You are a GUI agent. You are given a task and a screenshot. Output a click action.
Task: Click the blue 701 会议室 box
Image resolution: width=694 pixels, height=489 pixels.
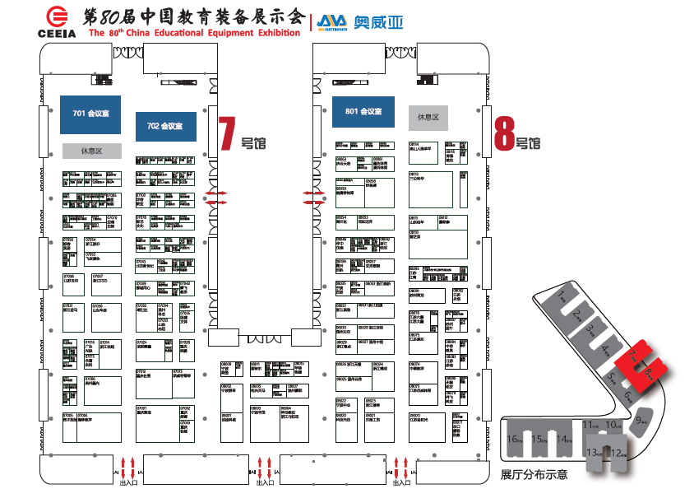(90, 114)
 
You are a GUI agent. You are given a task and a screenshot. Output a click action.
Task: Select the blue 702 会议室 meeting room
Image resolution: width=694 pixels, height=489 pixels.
(165, 126)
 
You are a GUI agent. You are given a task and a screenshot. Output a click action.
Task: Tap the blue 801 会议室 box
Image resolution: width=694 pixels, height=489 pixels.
(363, 112)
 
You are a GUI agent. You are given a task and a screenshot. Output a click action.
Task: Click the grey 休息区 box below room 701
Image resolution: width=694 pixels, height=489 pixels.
(91, 151)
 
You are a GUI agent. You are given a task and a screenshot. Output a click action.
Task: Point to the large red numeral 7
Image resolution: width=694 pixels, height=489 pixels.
(226, 133)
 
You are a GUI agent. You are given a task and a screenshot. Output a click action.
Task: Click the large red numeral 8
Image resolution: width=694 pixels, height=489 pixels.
(504, 133)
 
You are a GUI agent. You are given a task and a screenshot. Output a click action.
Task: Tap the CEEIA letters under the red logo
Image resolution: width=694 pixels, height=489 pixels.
(57, 34)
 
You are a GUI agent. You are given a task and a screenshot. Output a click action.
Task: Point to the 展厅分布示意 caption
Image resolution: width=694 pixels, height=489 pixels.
(534, 475)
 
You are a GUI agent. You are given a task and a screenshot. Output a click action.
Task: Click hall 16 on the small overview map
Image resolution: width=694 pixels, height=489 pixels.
(515, 438)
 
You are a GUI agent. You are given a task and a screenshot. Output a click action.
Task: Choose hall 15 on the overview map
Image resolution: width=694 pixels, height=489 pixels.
(539, 438)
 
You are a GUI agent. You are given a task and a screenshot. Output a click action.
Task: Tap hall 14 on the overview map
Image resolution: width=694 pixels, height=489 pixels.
(563, 438)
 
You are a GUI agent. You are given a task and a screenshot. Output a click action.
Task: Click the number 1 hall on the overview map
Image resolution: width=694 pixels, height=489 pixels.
(562, 295)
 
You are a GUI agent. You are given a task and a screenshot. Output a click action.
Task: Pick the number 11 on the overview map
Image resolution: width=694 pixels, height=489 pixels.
(587, 425)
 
